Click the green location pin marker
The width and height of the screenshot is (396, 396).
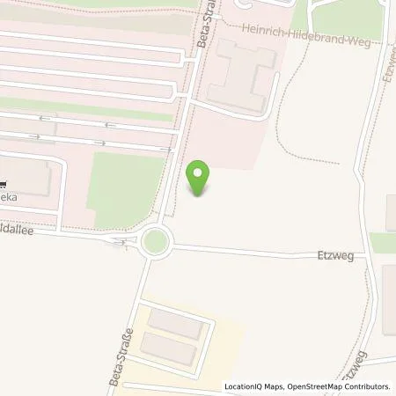click(x=200, y=179)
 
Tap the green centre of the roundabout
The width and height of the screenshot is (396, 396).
click(x=156, y=240)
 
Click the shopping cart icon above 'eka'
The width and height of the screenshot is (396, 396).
click(x=3, y=185)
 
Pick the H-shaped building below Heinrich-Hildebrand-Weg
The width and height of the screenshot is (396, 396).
click(x=239, y=76)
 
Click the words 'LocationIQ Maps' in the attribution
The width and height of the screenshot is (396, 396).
click(x=255, y=386)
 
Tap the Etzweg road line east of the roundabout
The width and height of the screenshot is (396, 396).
click(x=264, y=253)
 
